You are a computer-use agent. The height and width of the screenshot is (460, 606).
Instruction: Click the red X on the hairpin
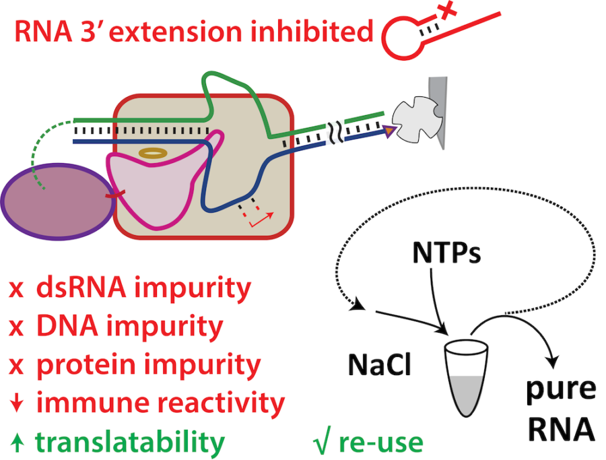[445, 11]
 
